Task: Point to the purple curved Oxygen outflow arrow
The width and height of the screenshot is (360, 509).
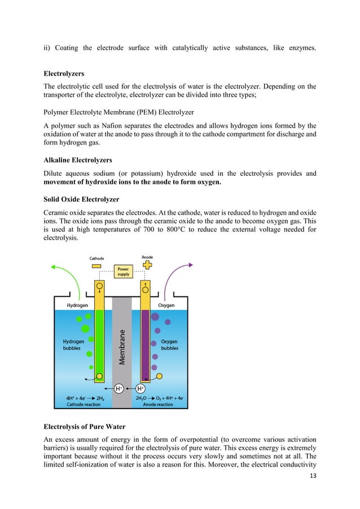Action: (x=183, y=277)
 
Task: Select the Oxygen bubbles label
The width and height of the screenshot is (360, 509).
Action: (x=169, y=345)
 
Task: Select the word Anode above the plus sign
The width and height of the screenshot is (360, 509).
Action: (x=148, y=257)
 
